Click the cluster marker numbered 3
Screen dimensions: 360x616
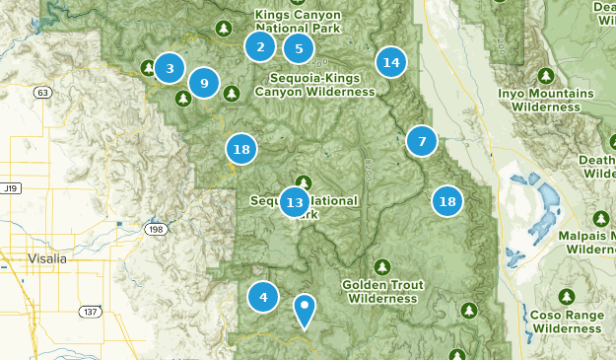pos(170,68)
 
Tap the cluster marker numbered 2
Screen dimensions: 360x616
pos(260,46)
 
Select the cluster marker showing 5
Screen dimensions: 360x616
pos(299,48)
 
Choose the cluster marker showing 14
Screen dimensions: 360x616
pos(391,62)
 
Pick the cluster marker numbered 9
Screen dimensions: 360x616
pos(204,83)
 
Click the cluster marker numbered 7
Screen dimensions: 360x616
pos(422,141)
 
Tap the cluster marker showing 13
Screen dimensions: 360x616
pos(295,203)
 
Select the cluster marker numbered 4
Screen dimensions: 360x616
pos(263,296)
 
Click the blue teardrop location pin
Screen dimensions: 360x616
pos(306,311)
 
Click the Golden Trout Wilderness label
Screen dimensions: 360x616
pos(383,291)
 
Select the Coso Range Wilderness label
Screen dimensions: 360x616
pos(566,321)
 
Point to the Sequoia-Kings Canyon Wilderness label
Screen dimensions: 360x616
pos(314,85)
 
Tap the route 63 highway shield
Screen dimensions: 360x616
pos(41,93)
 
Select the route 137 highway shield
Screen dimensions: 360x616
pos(91,312)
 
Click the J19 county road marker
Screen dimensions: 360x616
pos(11,187)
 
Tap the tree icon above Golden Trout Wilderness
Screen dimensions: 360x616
pos(382,267)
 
